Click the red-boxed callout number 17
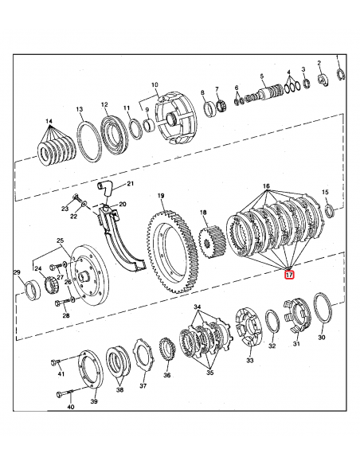tap(289, 275)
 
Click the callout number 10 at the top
tap(155, 84)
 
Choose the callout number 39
tap(93, 402)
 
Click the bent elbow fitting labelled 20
tap(104, 189)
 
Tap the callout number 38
tap(120, 391)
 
